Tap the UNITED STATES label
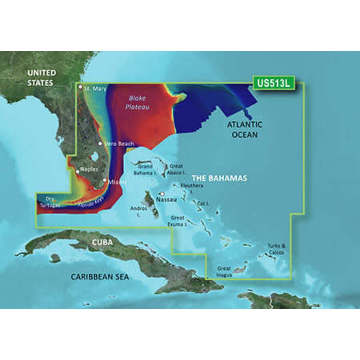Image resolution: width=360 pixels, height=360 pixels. [41, 77]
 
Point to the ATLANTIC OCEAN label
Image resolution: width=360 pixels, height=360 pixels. [244, 129]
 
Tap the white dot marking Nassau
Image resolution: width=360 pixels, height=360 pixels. [162, 194]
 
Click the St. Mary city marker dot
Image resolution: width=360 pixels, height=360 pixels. [80, 86]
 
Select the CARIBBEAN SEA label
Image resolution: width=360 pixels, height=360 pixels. [99, 277]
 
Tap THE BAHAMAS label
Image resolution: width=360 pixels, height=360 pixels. [221, 179]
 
